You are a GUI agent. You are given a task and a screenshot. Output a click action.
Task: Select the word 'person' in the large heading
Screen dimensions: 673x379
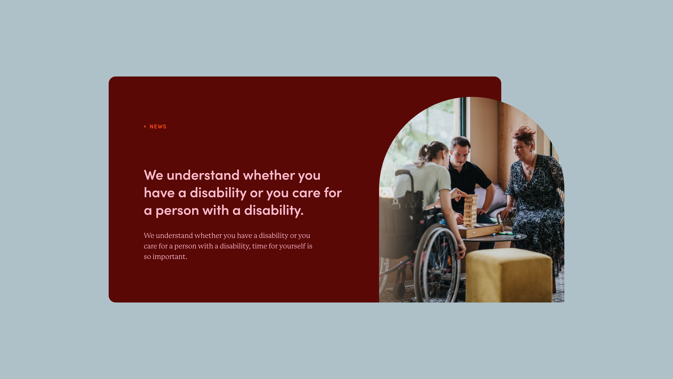click(x=177, y=211)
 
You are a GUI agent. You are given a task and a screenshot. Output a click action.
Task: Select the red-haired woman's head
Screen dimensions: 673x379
click(x=524, y=142)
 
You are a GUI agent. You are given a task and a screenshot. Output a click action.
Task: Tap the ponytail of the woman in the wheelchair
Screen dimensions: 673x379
click(x=424, y=153)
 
